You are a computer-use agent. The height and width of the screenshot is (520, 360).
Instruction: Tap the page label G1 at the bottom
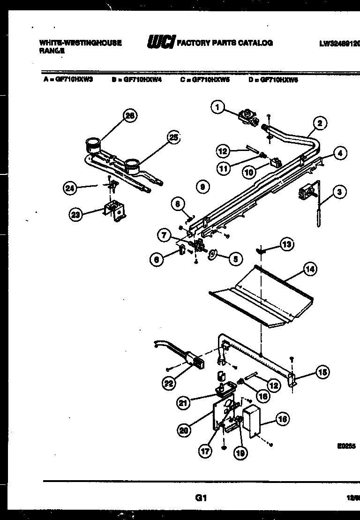[201, 498]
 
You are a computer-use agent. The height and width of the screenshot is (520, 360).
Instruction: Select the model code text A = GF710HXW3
[68, 80]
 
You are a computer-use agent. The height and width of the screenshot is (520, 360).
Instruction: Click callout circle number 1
[217, 108]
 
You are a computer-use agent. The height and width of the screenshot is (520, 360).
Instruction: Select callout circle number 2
[319, 124]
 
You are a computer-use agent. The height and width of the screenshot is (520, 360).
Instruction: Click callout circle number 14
[309, 269]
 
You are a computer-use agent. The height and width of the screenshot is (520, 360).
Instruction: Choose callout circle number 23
[75, 215]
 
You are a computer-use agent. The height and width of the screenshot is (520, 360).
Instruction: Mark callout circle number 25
[173, 137]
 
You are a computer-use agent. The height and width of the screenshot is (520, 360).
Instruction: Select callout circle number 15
[322, 373]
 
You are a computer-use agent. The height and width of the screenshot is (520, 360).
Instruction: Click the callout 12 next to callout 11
[223, 151]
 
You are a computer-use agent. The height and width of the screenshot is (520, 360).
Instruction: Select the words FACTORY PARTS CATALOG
[225, 43]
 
